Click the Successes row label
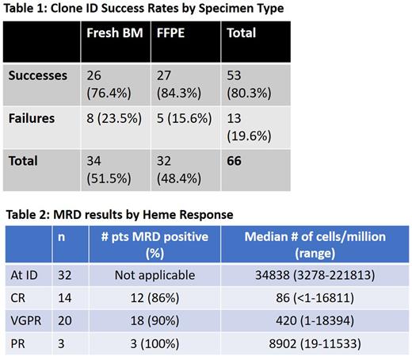[x=39, y=75]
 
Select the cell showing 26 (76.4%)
[x=107, y=84]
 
